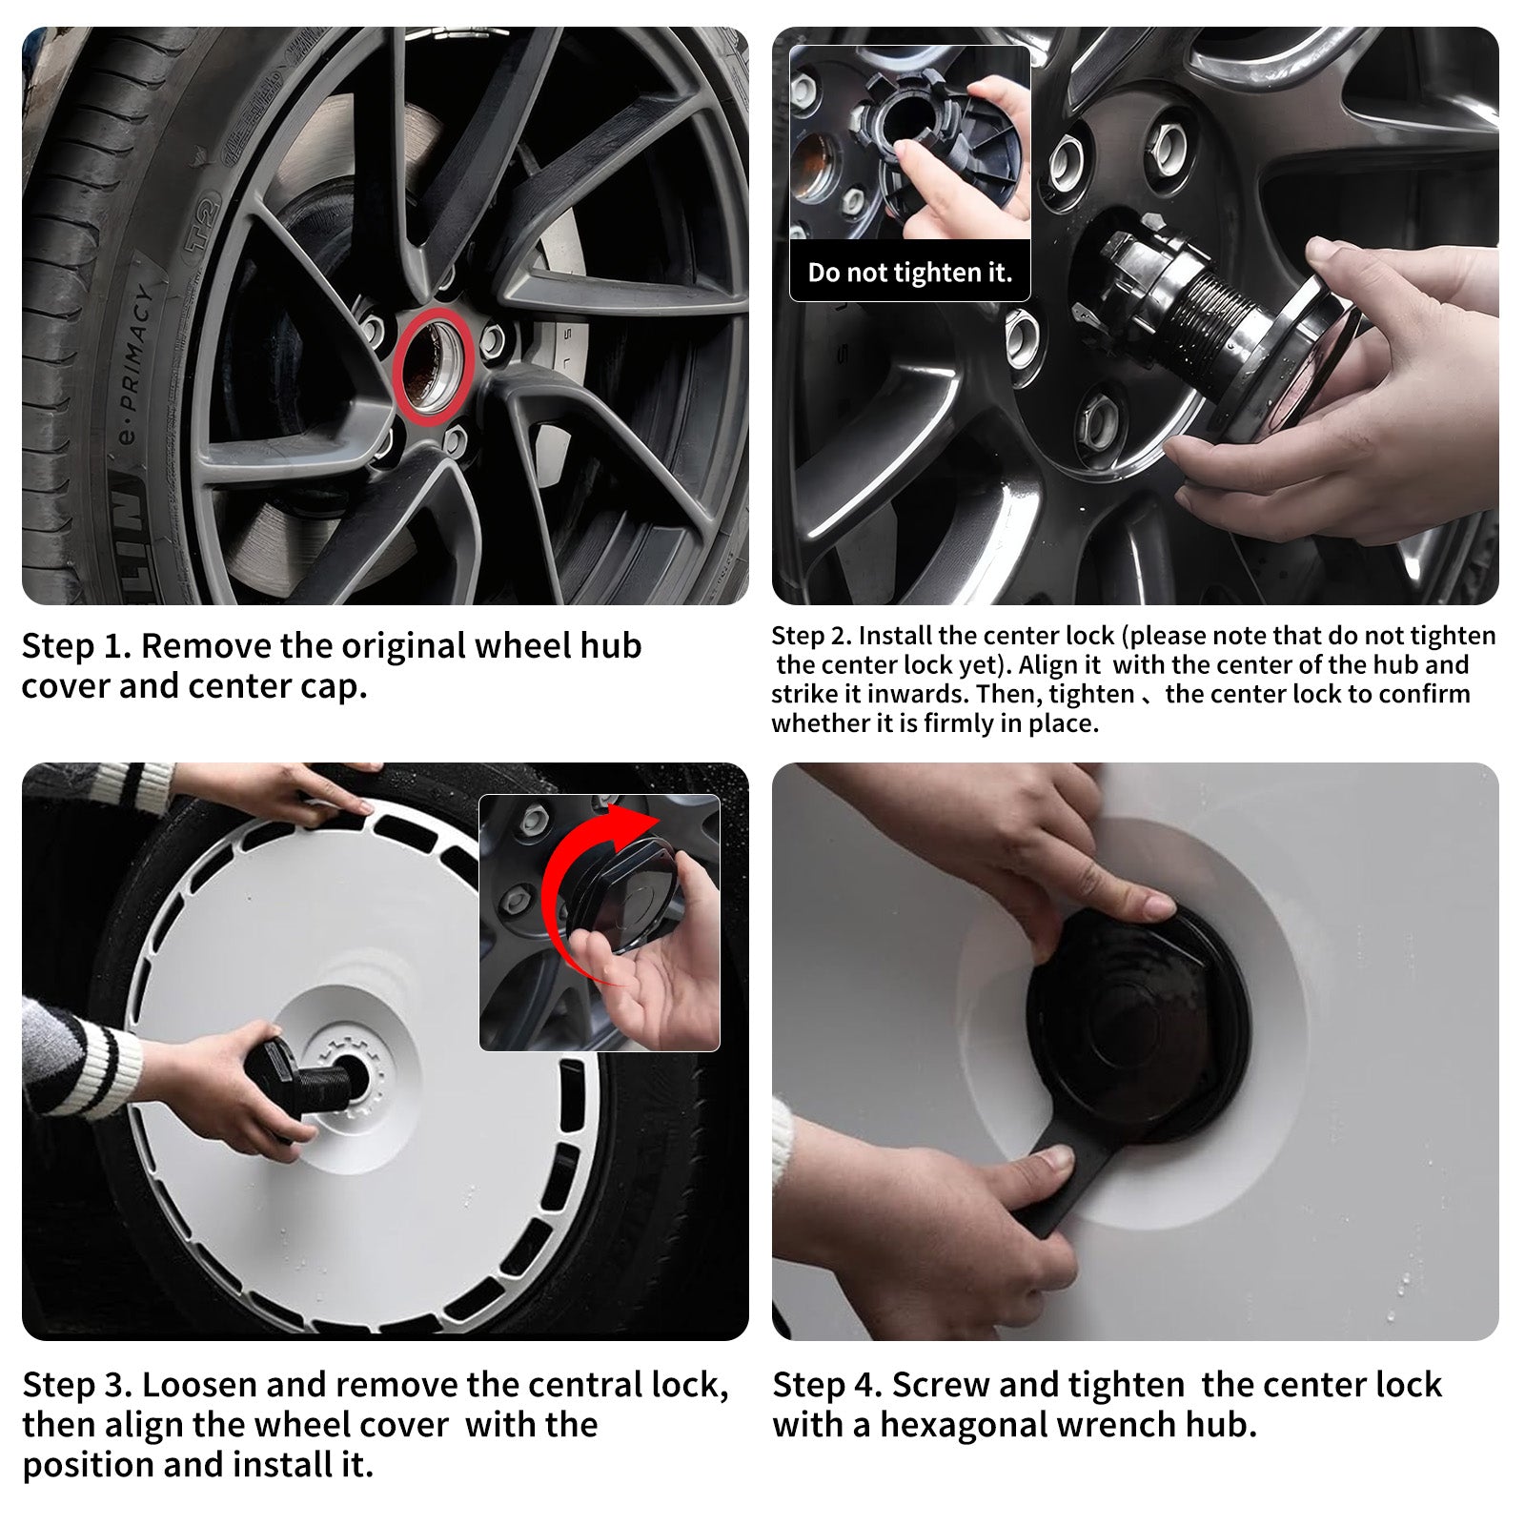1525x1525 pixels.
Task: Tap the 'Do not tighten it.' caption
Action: click(909, 273)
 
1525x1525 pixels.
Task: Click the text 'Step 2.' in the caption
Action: click(811, 636)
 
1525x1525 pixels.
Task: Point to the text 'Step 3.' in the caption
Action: click(77, 1384)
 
